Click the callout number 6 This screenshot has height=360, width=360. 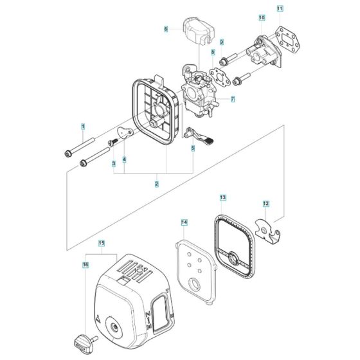(166, 29)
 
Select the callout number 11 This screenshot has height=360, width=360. (280, 9)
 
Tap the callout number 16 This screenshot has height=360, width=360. (85, 265)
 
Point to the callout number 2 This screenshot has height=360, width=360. (157, 184)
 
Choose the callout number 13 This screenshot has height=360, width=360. (222, 197)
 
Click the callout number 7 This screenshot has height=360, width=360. (233, 99)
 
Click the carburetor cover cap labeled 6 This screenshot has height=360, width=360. (199, 31)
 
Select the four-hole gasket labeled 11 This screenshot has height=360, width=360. (288, 39)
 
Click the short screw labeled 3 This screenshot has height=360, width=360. (113, 142)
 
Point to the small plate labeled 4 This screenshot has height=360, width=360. (125, 133)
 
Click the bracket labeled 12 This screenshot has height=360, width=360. (267, 231)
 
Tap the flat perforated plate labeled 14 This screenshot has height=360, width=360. (196, 273)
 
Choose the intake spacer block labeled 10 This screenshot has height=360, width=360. (264, 51)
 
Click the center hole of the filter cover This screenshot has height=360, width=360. (114, 327)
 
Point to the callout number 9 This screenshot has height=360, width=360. (222, 42)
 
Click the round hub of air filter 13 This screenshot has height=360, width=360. (234, 258)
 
